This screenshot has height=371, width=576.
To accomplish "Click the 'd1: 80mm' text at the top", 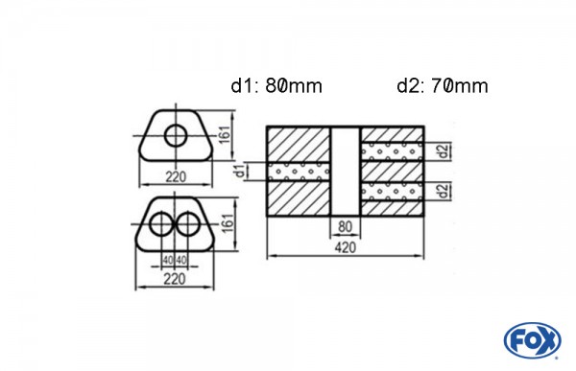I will click(276, 86).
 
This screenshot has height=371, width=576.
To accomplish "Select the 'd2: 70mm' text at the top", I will click(442, 86).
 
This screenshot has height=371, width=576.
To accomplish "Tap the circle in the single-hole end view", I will click(176, 135).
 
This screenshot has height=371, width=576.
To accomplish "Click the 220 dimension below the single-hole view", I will click(175, 176).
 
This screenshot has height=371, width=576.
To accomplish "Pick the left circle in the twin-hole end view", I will click(160, 226).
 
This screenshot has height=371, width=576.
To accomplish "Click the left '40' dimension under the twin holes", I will click(167, 260).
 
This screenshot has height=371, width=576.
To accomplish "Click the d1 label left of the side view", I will click(237, 173).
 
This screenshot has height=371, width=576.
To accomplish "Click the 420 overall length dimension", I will click(344, 246).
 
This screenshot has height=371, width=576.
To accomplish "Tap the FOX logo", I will click(533, 340).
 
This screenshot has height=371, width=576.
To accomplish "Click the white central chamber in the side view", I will click(344, 171).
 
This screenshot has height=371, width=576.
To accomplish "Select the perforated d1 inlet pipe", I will click(300, 173).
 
